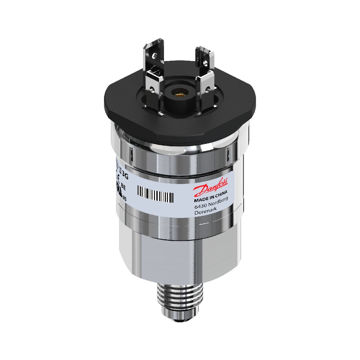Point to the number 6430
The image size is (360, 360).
pyautogui.click(x=200, y=207)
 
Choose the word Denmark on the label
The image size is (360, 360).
pyautogui.click(x=206, y=211)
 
